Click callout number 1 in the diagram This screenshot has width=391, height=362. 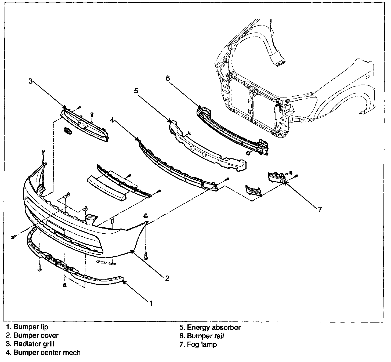click(x=151, y=303)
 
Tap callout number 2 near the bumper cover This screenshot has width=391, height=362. click(x=167, y=278)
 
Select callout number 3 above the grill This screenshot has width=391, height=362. click(x=30, y=81)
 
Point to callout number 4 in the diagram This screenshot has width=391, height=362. click(x=112, y=120)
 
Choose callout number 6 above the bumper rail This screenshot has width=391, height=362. click(x=168, y=78)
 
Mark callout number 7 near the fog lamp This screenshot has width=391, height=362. click(x=320, y=209)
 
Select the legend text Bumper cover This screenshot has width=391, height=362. click(x=32, y=335)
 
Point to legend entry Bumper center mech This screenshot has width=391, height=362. click(x=43, y=352)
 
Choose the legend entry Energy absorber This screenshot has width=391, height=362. click(x=210, y=327)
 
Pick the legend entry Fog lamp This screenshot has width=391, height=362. click(x=198, y=344)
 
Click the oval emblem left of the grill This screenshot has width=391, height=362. click(x=67, y=131)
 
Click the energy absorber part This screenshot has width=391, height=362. click(x=207, y=146)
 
